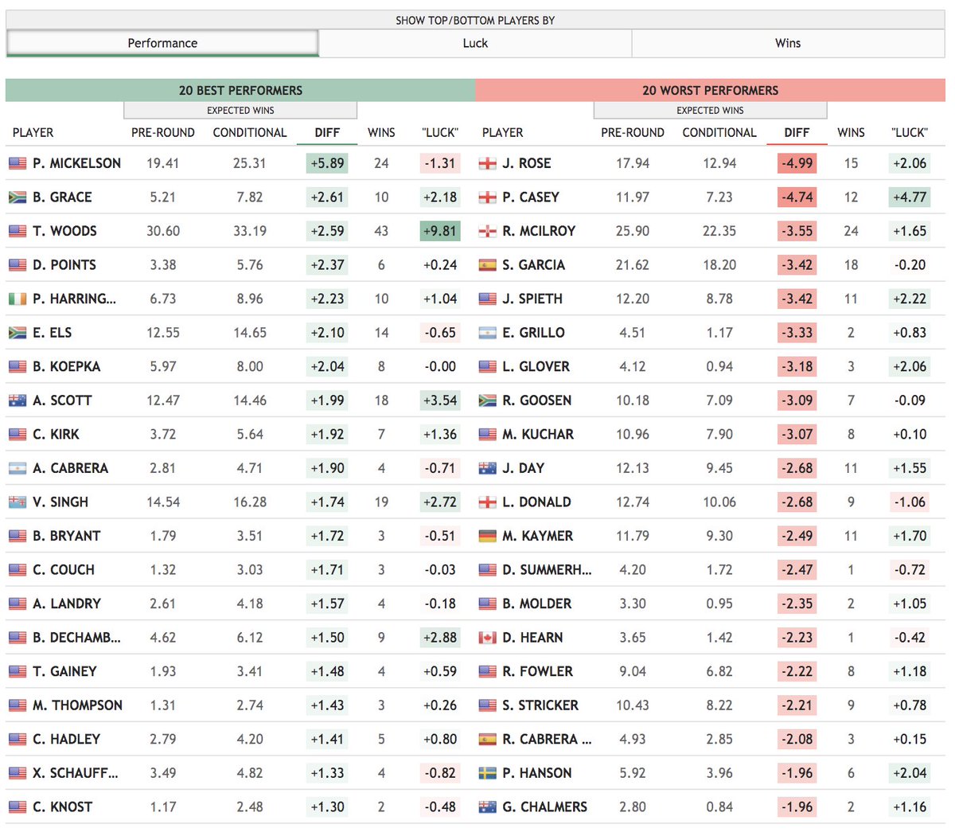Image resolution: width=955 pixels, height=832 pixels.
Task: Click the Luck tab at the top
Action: pyautogui.click(x=475, y=43)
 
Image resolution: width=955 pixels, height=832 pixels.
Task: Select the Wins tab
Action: pyautogui.click(x=788, y=43)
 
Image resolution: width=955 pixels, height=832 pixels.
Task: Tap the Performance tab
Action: pyautogui.click(x=162, y=43)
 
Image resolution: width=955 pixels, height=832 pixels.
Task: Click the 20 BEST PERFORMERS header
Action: pyautogui.click(x=240, y=90)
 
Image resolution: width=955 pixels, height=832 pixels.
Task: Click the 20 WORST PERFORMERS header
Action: pyautogui.click(x=710, y=90)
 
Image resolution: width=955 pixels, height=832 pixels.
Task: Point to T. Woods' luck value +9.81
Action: pyautogui.click(x=440, y=231)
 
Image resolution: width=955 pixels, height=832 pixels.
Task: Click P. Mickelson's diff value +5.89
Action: pyautogui.click(x=327, y=163)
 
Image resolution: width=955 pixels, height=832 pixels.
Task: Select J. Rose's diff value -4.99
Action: pyautogui.click(x=797, y=163)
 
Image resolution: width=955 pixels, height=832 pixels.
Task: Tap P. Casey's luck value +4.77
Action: pyautogui.click(x=910, y=197)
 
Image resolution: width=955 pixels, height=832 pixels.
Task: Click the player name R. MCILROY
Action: pyautogui.click(x=539, y=231)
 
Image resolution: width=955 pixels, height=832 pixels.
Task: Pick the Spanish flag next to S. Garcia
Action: pyautogui.click(x=487, y=265)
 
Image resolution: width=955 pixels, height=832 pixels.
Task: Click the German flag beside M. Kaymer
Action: pyautogui.click(x=487, y=536)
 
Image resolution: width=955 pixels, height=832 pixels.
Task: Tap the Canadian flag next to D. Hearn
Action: pyautogui.click(x=487, y=638)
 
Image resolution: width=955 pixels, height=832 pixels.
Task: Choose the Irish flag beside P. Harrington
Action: pyautogui.click(x=18, y=299)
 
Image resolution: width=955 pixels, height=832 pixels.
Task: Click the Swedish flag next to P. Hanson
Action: pyautogui.click(x=487, y=773)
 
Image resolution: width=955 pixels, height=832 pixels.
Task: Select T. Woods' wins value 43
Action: pyautogui.click(x=381, y=231)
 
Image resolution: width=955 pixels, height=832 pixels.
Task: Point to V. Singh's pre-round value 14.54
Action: pyautogui.click(x=163, y=502)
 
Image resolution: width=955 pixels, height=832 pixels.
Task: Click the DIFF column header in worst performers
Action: pyautogui.click(x=797, y=132)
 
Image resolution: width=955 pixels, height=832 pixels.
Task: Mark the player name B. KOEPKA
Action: pyautogui.click(x=67, y=366)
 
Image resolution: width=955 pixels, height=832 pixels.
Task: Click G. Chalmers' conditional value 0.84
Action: pyautogui.click(x=719, y=807)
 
